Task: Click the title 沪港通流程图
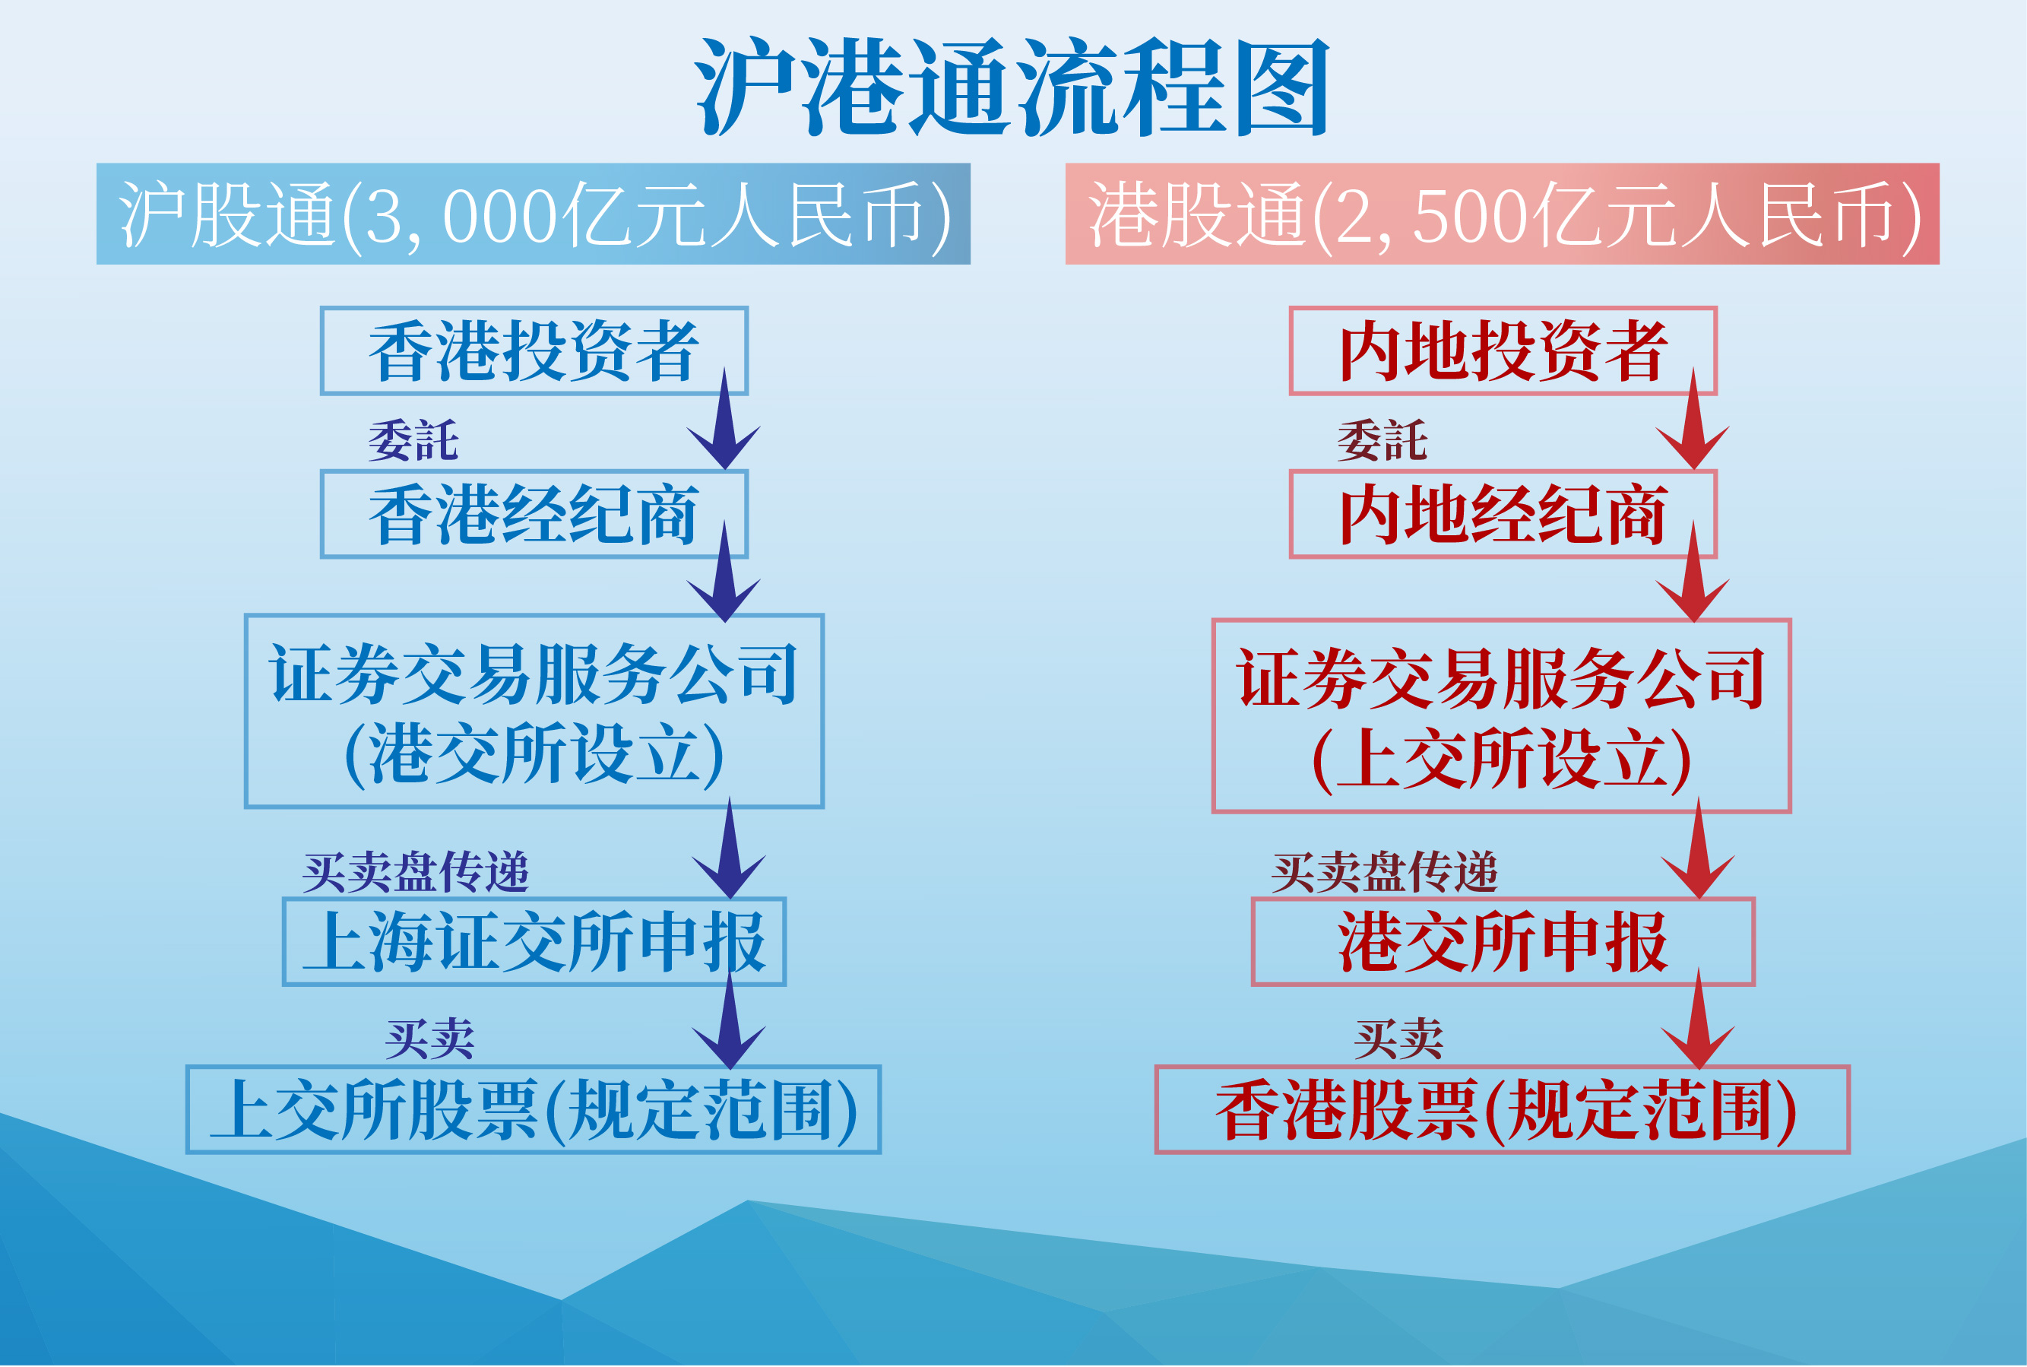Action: (x=1012, y=87)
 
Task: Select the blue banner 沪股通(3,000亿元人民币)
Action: (x=534, y=214)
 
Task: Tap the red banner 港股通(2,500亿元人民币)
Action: (x=1503, y=214)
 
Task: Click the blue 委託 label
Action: (x=413, y=440)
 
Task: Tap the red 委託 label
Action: (x=1382, y=440)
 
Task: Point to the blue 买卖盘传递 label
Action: (x=416, y=872)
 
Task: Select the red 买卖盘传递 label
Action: (x=1385, y=872)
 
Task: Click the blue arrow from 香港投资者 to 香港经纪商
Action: (x=724, y=418)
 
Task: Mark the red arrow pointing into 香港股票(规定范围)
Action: (x=1698, y=1018)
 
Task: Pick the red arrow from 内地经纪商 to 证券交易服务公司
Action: (x=1693, y=572)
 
